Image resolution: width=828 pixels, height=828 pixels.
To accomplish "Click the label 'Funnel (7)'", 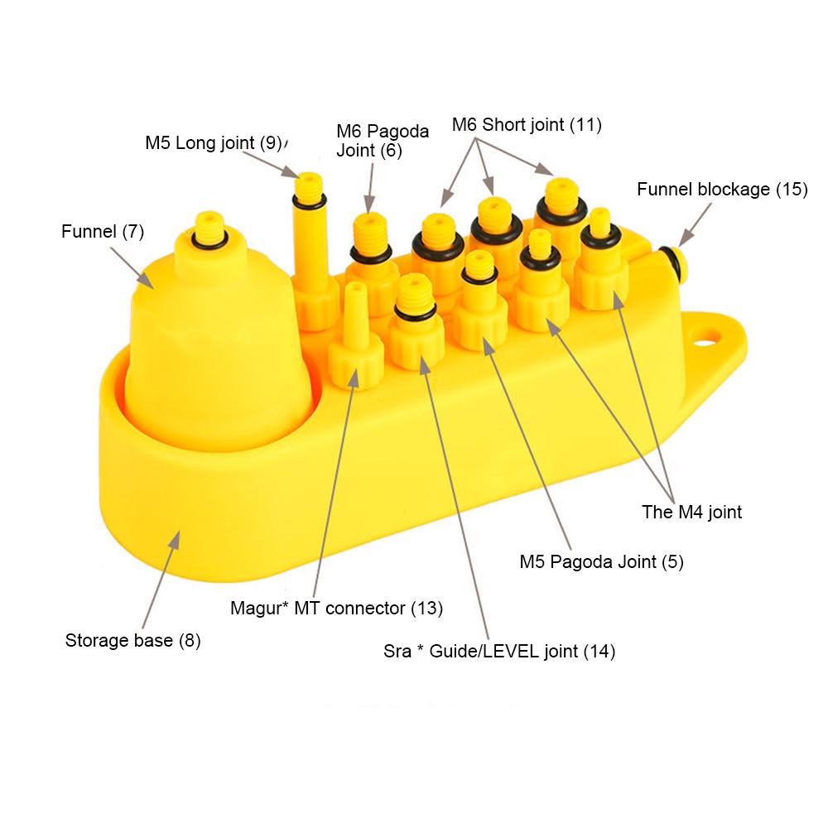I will pos(103,231).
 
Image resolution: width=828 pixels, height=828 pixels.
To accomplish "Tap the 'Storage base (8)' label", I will pos(132,640).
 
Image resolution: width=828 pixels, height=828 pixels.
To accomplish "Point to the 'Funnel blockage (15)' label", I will pos(722,189).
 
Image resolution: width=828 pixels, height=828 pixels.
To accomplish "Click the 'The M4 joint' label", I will pos(691,512).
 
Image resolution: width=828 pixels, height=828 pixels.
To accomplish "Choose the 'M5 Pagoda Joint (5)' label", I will pos(601,561).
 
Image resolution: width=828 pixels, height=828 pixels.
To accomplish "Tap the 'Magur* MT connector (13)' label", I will pos(336,609).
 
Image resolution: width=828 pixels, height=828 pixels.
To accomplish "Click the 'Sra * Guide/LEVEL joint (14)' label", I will pos(499,651).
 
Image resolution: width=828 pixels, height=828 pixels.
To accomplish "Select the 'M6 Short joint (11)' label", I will pos(527,125).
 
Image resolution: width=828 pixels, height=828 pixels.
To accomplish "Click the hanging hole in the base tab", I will pos(705,337).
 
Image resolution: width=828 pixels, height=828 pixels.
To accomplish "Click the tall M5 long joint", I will pos(310,248).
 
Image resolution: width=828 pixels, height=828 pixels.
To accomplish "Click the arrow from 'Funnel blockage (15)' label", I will pos(695,224).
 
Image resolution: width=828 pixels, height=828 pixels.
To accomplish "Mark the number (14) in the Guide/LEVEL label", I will pos(599,651).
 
